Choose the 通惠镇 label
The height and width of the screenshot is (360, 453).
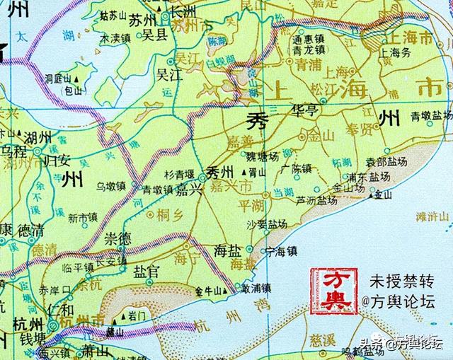309,41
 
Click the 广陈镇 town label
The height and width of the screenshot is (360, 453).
295,169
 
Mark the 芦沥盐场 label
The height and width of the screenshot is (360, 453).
316,201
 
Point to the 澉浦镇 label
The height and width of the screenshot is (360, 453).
256,289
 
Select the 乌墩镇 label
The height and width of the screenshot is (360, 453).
111,186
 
